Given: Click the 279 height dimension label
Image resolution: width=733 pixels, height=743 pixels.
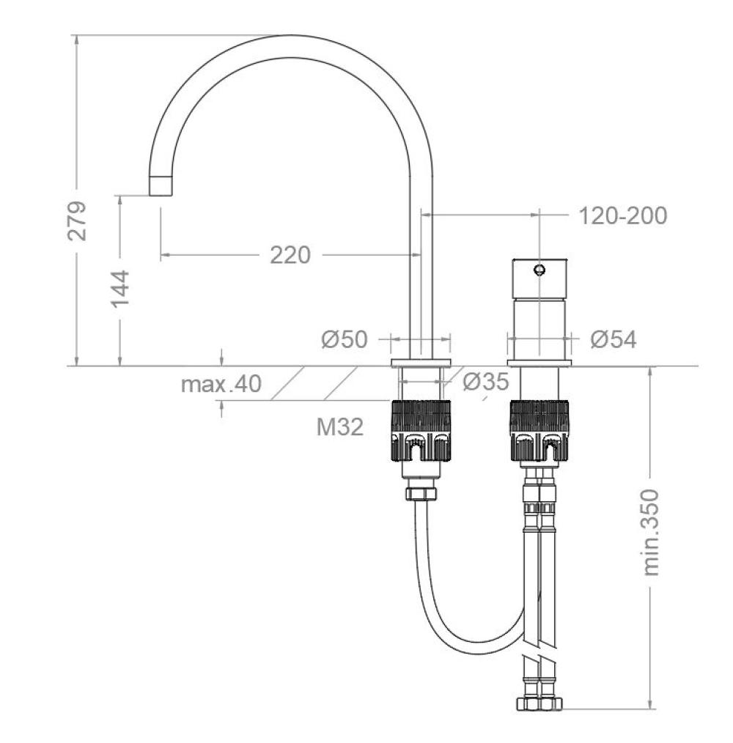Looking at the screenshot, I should [x=76, y=219].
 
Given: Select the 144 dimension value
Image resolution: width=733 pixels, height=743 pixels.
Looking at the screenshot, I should [x=119, y=288].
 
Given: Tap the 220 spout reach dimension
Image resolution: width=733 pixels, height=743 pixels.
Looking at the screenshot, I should [x=290, y=255].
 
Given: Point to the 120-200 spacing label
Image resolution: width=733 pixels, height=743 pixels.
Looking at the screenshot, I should [x=622, y=216].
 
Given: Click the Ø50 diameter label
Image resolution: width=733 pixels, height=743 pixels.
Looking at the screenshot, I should [x=344, y=339].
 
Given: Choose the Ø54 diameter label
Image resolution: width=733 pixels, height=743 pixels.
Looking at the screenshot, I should [x=614, y=339].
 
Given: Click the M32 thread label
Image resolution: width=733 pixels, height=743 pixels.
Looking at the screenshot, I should [x=339, y=426].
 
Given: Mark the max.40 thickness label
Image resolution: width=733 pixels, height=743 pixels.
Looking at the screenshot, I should [x=221, y=384].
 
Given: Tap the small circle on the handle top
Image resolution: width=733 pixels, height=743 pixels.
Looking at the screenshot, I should [x=539, y=270].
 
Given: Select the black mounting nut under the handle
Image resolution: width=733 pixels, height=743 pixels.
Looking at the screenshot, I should [x=539, y=432].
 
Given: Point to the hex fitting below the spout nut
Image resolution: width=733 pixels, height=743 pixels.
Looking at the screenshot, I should [x=421, y=493].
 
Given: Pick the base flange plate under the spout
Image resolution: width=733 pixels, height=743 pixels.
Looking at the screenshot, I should [x=421, y=363].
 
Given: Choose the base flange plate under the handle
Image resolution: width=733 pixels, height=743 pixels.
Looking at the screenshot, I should [x=539, y=363].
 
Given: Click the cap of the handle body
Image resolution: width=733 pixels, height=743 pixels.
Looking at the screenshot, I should [x=539, y=278].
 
